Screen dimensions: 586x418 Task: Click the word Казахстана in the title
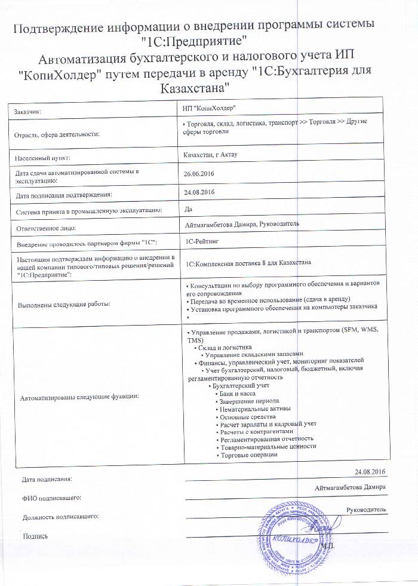(196, 88)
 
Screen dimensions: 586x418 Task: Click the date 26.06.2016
(200, 173)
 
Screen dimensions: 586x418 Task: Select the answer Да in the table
(189, 208)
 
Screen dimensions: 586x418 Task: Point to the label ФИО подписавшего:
(51, 498)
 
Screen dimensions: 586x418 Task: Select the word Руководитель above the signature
(365, 509)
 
